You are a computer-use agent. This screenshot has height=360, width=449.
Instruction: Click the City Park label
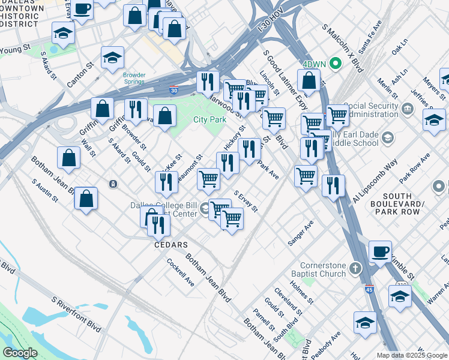click(209, 120)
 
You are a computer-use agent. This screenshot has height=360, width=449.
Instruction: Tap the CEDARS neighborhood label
click(171, 245)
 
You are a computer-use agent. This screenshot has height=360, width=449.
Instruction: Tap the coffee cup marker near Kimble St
click(379, 252)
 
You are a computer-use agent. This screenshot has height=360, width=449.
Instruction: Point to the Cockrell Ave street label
click(181, 272)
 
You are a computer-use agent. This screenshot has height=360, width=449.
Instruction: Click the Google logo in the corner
click(20, 353)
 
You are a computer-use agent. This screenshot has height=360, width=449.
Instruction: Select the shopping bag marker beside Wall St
click(69, 157)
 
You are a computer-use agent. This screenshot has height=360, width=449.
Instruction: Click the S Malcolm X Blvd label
click(343, 49)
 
